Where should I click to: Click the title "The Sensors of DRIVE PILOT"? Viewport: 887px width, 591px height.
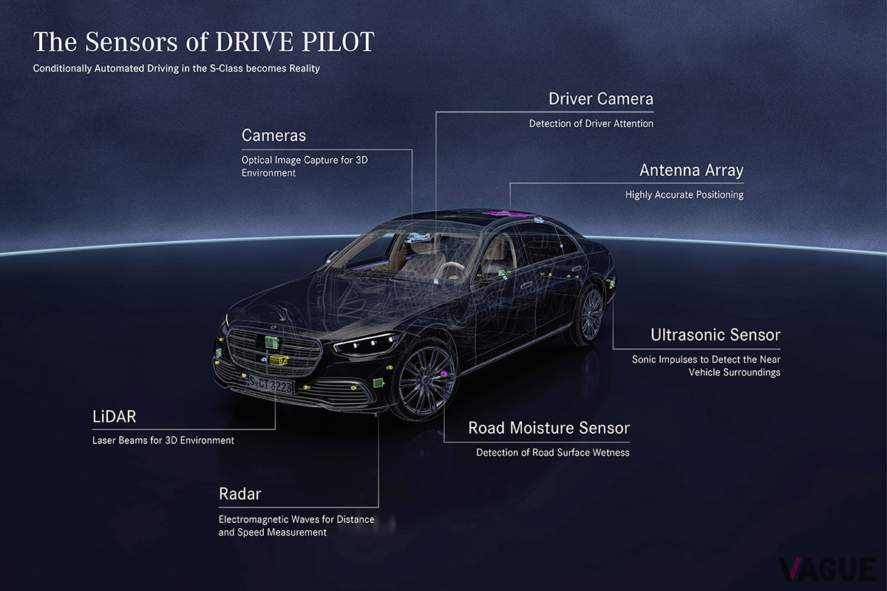coord(203,42)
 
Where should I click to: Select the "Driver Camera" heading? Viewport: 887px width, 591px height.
coord(600,99)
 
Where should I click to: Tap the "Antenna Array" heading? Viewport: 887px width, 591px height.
coord(691,171)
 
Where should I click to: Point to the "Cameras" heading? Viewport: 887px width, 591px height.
coord(273,136)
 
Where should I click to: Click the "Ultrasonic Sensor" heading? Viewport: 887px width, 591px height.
coord(716,335)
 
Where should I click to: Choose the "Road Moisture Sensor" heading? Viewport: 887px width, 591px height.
coord(548,428)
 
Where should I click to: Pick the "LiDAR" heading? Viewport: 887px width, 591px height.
coord(114,417)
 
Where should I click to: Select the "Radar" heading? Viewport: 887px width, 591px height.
coord(240,494)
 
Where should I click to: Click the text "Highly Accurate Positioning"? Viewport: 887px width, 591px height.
coord(684,195)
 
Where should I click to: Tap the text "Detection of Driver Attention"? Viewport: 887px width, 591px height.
coord(591,124)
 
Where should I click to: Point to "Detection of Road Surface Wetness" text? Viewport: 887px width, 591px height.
coord(552,452)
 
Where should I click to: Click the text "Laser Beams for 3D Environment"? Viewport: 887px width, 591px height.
coord(163,440)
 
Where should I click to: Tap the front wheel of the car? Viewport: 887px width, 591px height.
coord(425,379)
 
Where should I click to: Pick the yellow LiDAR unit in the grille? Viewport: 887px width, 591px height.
coord(279,360)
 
